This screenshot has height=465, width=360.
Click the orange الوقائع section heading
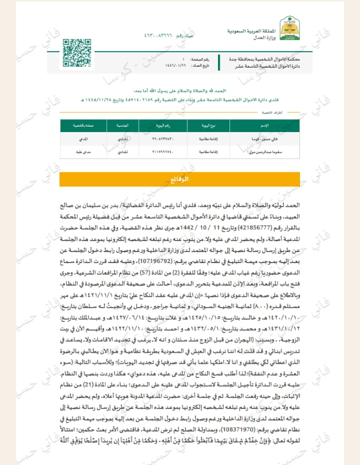(x=180, y=180)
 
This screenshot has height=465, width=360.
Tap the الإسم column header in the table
(x=264, y=125)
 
